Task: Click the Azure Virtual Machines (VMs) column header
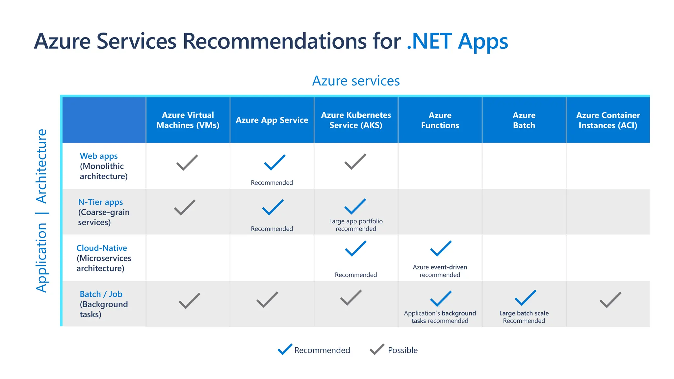click(188, 120)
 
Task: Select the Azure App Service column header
click(272, 120)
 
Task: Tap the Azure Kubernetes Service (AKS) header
click(356, 120)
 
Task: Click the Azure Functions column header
click(440, 120)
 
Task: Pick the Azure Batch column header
click(524, 120)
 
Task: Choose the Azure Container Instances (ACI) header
click(608, 120)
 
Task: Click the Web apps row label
click(99, 156)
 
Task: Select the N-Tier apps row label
click(100, 202)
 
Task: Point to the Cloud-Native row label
click(102, 248)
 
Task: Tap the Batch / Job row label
click(101, 294)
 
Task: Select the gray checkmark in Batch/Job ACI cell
click(610, 300)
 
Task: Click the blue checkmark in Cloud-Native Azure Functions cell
click(440, 249)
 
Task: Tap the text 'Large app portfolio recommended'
click(356, 225)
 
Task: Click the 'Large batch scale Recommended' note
click(524, 317)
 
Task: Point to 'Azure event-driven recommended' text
click(440, 271)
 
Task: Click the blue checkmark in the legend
click(285, 349)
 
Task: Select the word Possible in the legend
click(402, 350)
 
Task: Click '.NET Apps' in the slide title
click(457, 42)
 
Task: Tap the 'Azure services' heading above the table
click(356, 81)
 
